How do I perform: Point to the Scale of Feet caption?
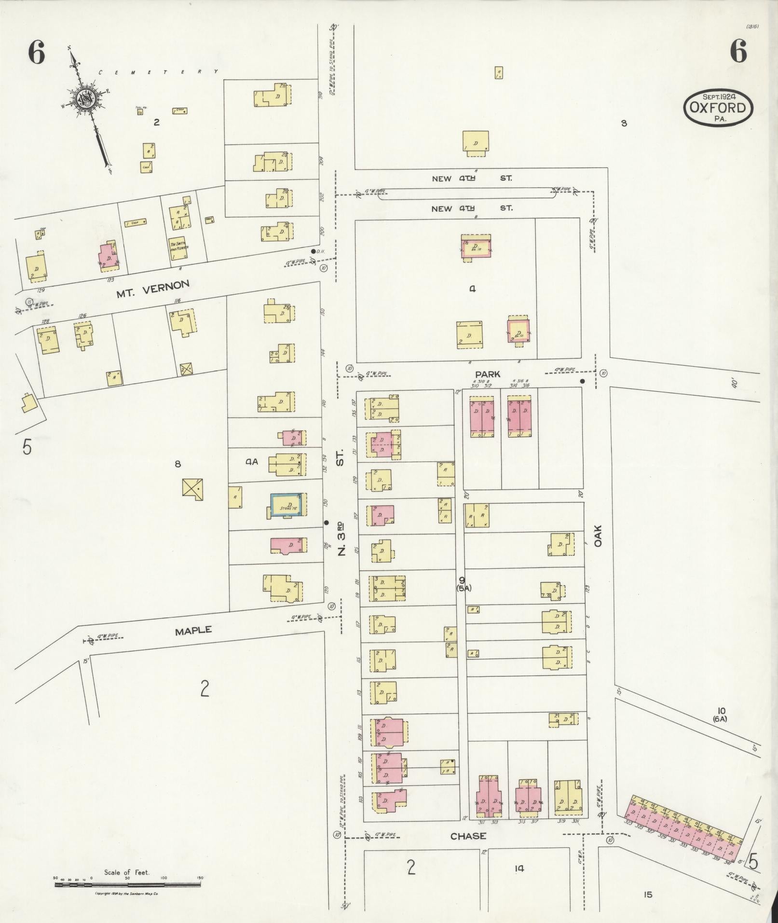[127, 872]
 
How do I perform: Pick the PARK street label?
[487, 374]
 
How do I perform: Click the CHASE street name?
[468, 836]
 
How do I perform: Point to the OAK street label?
[599, 536]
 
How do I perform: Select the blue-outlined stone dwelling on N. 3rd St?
[287, 505]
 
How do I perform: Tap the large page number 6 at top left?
[36, 52]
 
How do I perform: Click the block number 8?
[177, 464]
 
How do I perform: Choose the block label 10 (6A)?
[721, 714]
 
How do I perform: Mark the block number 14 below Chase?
[519, 869]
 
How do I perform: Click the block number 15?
[647, 895]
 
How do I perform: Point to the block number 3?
[624, 123]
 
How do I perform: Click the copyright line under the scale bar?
[127, 894]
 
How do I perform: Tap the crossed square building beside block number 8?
[192, 489]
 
